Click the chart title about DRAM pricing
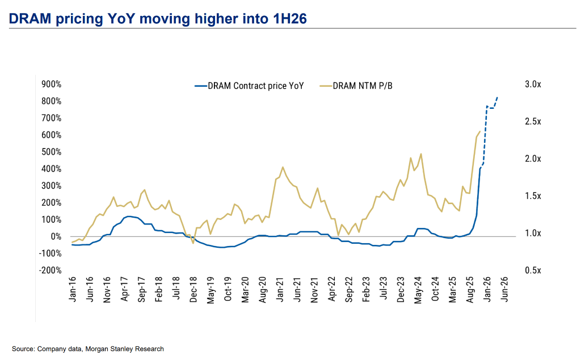158,19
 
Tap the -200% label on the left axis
51,270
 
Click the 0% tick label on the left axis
57,236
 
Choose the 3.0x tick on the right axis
533,84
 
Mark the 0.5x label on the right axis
533,270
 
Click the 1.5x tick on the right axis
533,196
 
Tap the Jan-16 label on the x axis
73,290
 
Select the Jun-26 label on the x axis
504,290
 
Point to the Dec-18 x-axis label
193,290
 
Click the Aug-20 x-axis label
262,290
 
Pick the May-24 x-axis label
418,290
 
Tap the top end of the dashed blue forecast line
498,97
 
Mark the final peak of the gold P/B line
480,132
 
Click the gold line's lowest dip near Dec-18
193,243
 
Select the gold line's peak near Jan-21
283,167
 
